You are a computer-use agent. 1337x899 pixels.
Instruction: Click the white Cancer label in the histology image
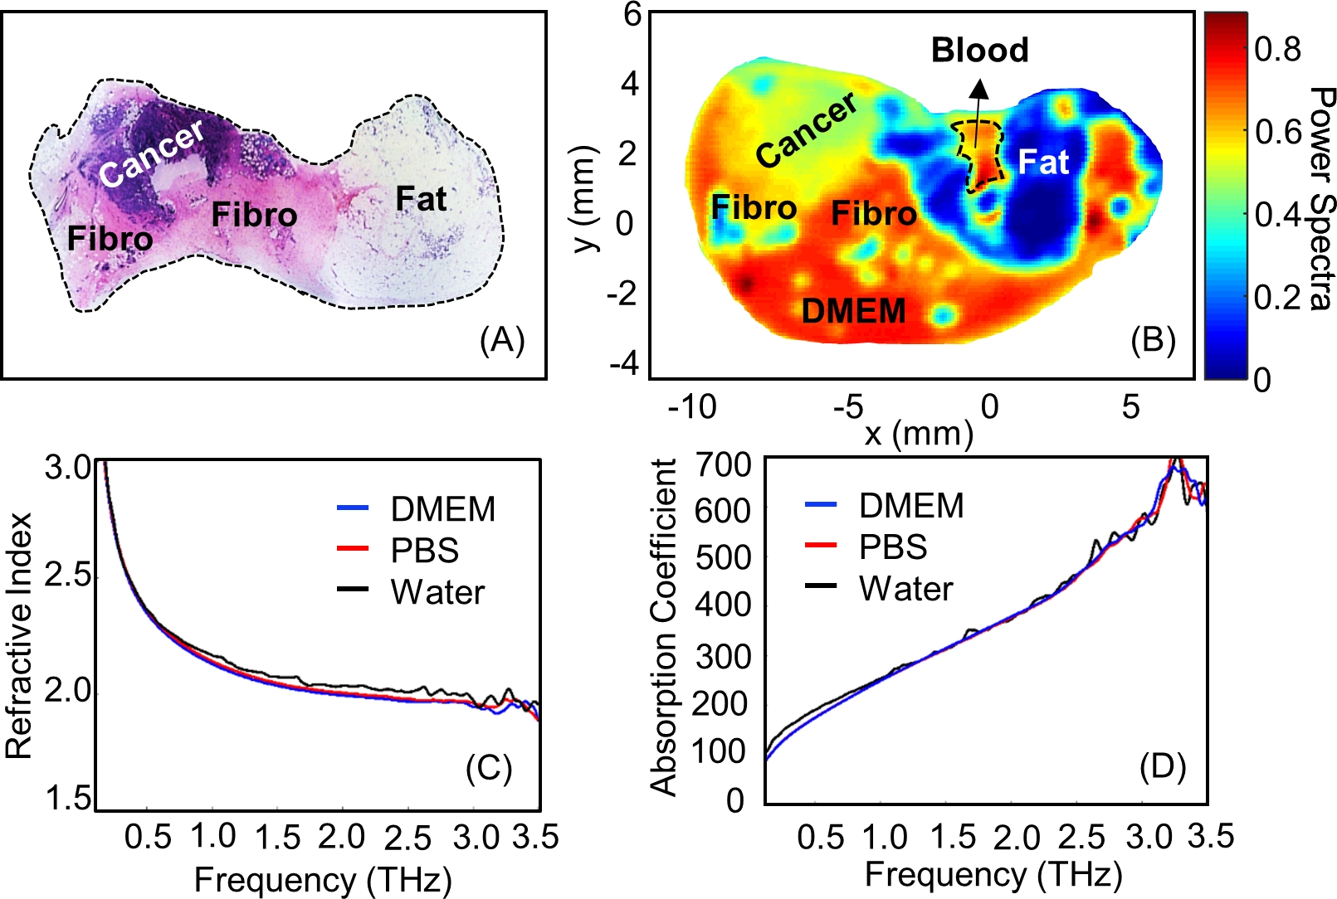pyautogui.click(x=152, y=153)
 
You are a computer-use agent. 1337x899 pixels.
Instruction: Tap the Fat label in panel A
pyautogui.click(x=421, y=199)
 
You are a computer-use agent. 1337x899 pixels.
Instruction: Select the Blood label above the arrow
pyautogui.click(x=979, y=50)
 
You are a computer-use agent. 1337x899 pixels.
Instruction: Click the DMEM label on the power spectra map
pyautogui.click(x=853, y=311)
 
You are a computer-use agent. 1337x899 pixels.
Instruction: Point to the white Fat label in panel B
pyautogui.click(x=1043, y=162)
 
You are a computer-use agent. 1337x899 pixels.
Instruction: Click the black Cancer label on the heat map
pyautogui.click(x=806, y=130)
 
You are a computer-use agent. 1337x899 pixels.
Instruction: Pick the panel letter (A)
pyautogui.click(x=502, y=340)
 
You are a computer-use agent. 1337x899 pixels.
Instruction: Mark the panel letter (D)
pyautogui.click(x=1162, y=767)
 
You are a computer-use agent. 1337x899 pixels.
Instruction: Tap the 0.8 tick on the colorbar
pyautogui.click(x=1277, y=50)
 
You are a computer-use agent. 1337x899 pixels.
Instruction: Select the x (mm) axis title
pyautogui.click(x=919, y=433)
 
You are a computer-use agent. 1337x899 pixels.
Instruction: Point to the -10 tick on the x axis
pyautogui.click(x=691, y=406)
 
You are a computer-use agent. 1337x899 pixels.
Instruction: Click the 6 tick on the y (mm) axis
pyautogui.click(x=632, y=14)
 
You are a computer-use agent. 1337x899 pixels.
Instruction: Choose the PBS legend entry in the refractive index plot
pyautogui.click(x=424, y=551)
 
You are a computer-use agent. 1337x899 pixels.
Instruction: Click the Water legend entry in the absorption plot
pyautogui.click(x=905, y=589)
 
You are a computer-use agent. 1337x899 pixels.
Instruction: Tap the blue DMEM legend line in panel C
pyautogui.click(x=353, y=508)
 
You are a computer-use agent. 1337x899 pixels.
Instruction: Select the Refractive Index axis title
pyautogui.click(x=18, y=635)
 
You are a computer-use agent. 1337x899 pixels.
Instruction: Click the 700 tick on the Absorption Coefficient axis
pyautogui.click(x=723, y=464)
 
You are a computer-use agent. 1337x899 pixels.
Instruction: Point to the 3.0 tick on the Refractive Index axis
pyautogui.click(x=68, y=468)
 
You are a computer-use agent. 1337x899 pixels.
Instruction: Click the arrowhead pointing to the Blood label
pyautogui.click(x=980, y=87)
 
